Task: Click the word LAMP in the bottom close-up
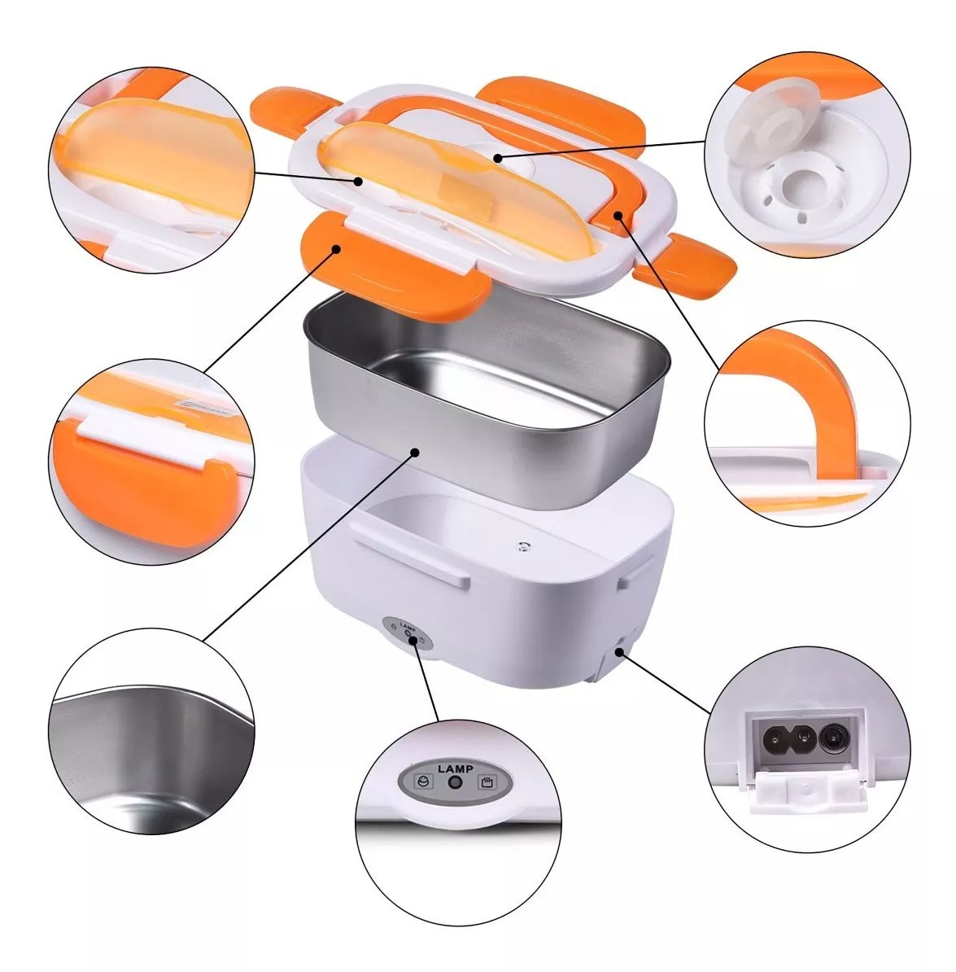pyautogui.click(x=456, y=768)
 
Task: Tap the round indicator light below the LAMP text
pyautogui.click(x=456, y=782)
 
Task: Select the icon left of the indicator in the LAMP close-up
pyautogui.click(x=425, y=781)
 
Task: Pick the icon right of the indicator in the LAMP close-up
pyautogui.click(x=487, y=782)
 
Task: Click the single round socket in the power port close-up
pyautogui.click(x=831, y=738)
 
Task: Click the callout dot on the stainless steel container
pyautogui.click(x=416, y=452)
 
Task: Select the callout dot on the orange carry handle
pyautogui.click(x=618, y=214)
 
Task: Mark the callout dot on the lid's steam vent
pyautogui.click(x=497, y=157)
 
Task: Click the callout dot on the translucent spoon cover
pyautogui.click(x=358, y=181)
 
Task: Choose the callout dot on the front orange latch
pyautogui.click(x=336, y=248)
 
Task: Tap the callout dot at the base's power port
pyautogui.click(x=619, y=651)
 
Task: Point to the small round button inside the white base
pyautogui.click(x=524, y=546)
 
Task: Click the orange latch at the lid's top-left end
pyautogui.click(x=292, y=108)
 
